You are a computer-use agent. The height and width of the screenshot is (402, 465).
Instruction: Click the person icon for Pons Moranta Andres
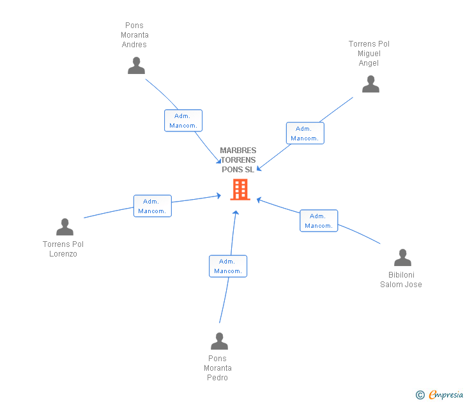pyautogui.click(x=136, y=66)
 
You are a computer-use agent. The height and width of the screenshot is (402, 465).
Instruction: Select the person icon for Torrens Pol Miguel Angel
pyautogui.click(x=370, y=84)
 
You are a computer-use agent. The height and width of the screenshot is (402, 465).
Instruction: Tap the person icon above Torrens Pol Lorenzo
pyautogui.click(x=65, y=227)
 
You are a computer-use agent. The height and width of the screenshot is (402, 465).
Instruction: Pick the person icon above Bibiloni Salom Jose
pyautogui.click(x=402, y=258)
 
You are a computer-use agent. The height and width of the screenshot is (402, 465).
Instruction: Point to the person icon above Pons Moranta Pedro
pyautogui.click(x=219, y=341)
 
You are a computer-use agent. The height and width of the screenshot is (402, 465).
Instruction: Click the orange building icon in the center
pyautogui.click(x=240, y=190)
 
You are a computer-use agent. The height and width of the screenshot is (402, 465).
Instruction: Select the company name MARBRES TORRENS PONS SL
pyautogui.click(x=238, y=160)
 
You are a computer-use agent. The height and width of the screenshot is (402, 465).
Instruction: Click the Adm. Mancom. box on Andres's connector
pyautogui.click(x=183, y=121)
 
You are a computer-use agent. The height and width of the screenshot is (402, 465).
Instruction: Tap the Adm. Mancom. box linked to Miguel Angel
pyautogui.click(x=305, y=133)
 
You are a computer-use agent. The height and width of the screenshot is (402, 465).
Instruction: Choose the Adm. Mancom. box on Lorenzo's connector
pyautogui.click(x=152, y=206)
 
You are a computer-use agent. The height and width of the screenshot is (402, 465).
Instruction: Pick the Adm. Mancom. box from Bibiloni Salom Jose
pyautogui.click(x=319, y=221)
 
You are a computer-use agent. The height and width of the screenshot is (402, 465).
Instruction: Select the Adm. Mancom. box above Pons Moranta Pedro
pyautogui.click(x=228, y=266)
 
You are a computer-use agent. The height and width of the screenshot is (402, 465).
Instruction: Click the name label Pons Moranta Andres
pyautogui.click(x=134, y=35)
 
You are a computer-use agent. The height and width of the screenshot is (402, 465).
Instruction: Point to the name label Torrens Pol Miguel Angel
pyautogui.click(x=369, y=54)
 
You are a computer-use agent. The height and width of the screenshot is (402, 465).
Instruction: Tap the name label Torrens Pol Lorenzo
pyautogui.click(x=63, y=249)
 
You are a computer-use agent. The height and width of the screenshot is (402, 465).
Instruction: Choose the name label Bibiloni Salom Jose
pyautogui.click(x=401, y=280)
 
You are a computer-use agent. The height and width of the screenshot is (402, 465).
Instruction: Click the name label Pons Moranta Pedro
pyautogui.click(x=218, y=368)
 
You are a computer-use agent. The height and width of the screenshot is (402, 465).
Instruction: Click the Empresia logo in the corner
pyautogui.click(x=446, y=395)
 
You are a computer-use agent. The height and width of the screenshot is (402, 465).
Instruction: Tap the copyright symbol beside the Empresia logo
pyautogui.click(x=420, y=395)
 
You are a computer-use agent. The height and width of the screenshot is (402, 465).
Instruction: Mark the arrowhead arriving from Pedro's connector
pyautogui.click(x=236, y=212)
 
